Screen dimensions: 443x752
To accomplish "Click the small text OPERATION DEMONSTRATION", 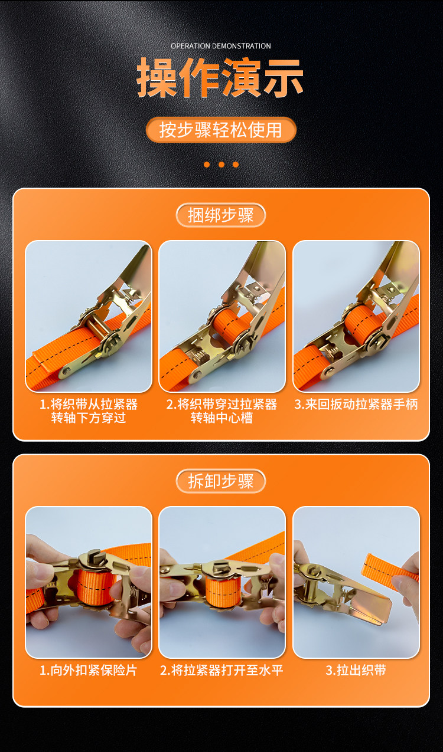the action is [x=221, y=46].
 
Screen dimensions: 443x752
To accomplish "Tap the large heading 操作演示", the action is [x=220, y=78].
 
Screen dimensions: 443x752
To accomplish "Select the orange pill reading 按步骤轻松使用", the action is [x=221, y=130].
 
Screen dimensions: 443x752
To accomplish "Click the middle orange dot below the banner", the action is [x=221, y=165].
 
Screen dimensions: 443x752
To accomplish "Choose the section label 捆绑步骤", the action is [x=221, y=215].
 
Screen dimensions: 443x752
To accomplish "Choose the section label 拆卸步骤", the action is [x=221, y=481].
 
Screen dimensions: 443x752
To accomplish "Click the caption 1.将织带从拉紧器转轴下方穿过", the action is [x=89, y=411].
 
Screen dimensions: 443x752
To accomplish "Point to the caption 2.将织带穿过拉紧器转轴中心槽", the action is [x=221, y=411].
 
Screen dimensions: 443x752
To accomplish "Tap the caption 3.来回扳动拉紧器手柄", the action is [x=356, y=404].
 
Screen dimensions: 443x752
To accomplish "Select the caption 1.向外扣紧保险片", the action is [x=89, y=670].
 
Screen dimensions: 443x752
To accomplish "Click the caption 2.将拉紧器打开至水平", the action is [x=221, y=670].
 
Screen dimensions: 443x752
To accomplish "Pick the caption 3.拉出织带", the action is [x=356, y=670].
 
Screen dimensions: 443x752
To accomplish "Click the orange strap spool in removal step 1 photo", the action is [x=92, y=586].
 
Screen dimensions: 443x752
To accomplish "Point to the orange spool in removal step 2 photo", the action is [x=222, y=591].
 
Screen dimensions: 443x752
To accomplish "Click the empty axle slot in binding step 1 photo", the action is [x=97, y=326].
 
